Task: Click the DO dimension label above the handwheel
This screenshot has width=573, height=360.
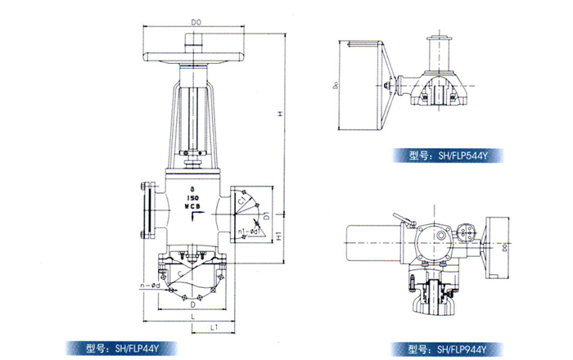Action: point(195,22)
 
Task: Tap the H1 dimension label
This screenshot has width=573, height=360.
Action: point(278,236)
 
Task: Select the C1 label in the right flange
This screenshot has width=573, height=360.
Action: point(242,199)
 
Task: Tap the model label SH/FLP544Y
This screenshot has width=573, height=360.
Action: point(448,153)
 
